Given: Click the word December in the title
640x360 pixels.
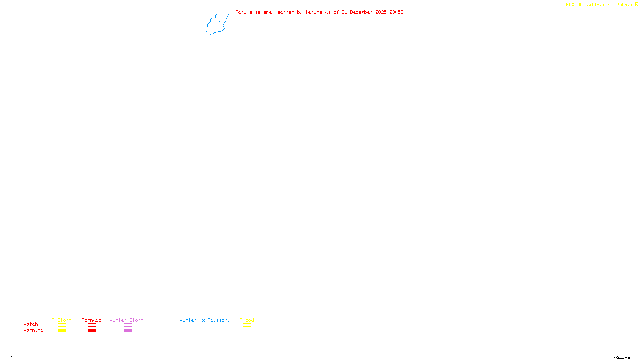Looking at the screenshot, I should (x=361, y=12).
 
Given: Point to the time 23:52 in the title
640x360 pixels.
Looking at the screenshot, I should (x=396, y=12).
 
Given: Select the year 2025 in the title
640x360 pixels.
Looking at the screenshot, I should (x=381, y=12).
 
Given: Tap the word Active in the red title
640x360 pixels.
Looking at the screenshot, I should (x=244, y=12).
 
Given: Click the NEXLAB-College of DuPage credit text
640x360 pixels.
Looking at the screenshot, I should (x=599, y=5).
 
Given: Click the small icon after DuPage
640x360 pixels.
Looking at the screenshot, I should (x=636, y=4).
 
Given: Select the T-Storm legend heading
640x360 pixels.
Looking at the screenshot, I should (x=62, y=320).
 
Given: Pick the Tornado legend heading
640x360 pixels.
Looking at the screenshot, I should (x=92, y=320).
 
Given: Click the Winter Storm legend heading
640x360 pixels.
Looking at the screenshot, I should (x=126, y=320).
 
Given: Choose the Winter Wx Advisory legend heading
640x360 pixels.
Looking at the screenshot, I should (x=205, y=320).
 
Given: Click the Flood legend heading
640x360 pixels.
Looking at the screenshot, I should (x=247, y=320).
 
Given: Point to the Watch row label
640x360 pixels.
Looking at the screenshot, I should (x=31, y=324).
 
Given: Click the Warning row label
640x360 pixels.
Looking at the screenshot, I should (x=33, y=330).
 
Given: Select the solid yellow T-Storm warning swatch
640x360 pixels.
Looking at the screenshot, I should (x=62, y=331).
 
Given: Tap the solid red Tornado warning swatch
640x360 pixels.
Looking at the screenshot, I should (x=92, y=331).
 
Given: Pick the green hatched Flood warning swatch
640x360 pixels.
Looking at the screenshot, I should (x=247, y=331).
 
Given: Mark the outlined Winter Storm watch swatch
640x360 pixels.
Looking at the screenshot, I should (x=128, y=325).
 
